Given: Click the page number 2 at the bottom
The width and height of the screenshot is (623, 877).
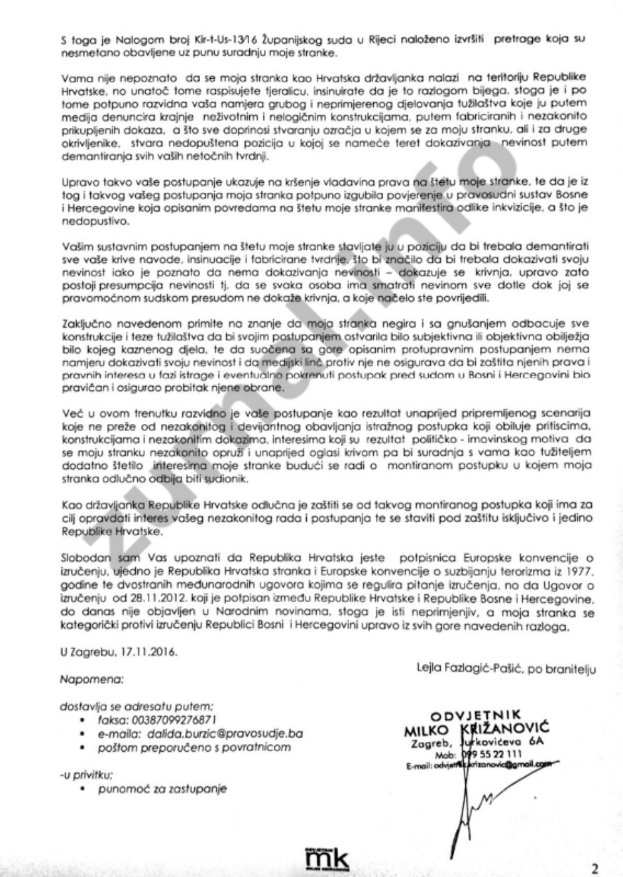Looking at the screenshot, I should click(595, 869).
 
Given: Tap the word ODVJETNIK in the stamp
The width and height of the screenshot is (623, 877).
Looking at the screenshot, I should click(476, 717).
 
